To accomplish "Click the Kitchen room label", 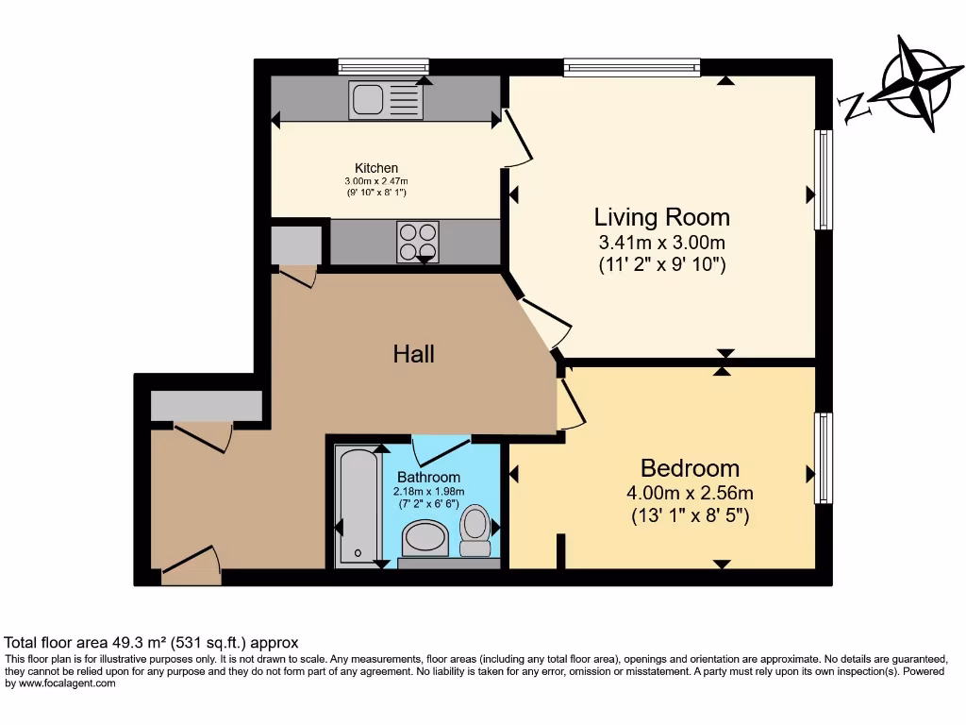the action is coord(375,168).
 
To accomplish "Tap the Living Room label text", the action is coord(661,217).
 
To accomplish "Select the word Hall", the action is coord(414,354).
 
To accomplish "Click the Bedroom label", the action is coord(690,468).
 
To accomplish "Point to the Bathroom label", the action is coord(429,477).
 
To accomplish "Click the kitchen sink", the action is coord(386,100).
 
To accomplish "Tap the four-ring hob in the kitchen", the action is coord(418,242).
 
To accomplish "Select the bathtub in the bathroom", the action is coord(357,505).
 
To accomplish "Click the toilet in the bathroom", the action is coord(475,531).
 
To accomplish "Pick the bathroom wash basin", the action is coord(425,539).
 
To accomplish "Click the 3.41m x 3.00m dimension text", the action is coord(661,243).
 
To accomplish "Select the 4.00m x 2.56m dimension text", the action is coord(690,493).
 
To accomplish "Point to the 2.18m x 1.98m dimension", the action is coord(429,491).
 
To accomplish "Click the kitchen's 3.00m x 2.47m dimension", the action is coord(376,181).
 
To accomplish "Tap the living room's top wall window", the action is coord(632,67).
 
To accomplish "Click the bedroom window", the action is coord(824,458).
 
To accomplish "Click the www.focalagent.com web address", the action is coord(67,683).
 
